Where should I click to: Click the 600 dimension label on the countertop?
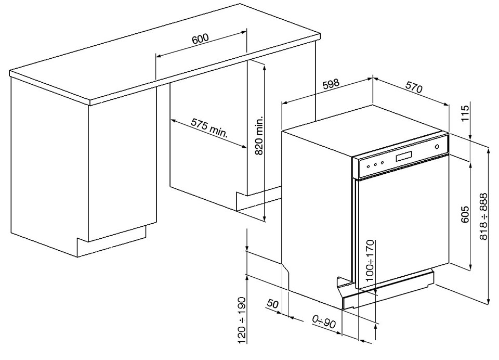point(200,38)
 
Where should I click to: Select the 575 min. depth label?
point(209,128)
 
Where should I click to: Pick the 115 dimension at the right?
point(465,113)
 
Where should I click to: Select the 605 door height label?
point(465,214)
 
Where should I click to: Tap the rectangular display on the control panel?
point(404,156)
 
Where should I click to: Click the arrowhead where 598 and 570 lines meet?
point(372,79)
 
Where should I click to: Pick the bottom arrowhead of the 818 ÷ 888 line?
point(489,301)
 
